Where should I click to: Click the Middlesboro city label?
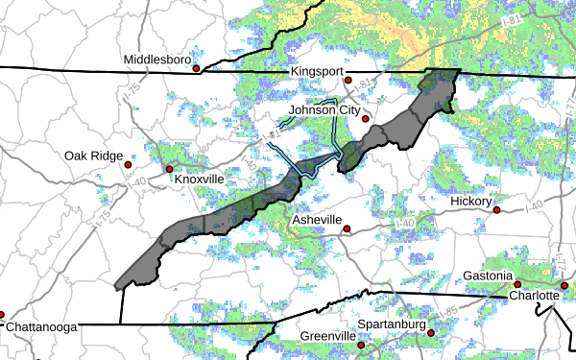coord(156,60)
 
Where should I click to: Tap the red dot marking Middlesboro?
coord(196,69)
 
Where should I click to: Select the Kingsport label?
coord(316,72)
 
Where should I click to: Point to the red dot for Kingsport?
coord(349,81)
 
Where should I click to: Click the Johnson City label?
coord(324,110)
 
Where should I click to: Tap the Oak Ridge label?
coord(94,156)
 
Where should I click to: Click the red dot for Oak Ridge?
coord(128,164)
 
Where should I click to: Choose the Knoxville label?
coord(199,180)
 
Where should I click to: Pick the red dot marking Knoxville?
coord(170,170)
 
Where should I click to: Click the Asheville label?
coord(317,220)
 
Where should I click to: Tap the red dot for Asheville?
coord(348,229)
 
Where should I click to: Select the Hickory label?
coord(471,202)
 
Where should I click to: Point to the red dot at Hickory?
coord(497,209)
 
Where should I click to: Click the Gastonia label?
coord(488,276)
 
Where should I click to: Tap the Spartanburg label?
coord(392,324)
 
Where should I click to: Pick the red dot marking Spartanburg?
coord(431,333)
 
